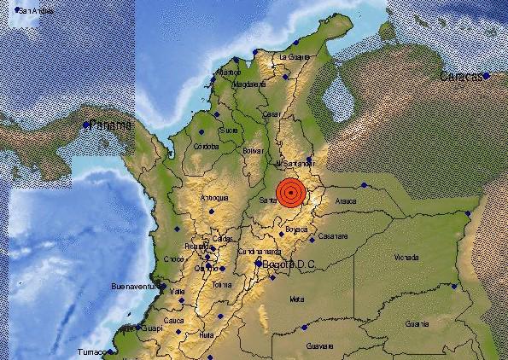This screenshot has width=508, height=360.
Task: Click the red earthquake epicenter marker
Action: click(291, 193)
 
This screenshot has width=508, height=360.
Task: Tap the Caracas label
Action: click(459, 78)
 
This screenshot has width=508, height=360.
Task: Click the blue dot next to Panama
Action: click(87, 125)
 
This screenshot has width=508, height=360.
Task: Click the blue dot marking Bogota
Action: click(259, 264)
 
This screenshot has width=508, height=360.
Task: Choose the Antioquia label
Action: click(213, 198)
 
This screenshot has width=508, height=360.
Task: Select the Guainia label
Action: click(417, 323)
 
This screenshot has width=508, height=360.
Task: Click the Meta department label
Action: click(297, 299)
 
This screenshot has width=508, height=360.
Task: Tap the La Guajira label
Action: click(294, 57)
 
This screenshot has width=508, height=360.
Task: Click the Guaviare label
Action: click(318, 345)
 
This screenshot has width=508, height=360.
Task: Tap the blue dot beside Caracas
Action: click(486, 76)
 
